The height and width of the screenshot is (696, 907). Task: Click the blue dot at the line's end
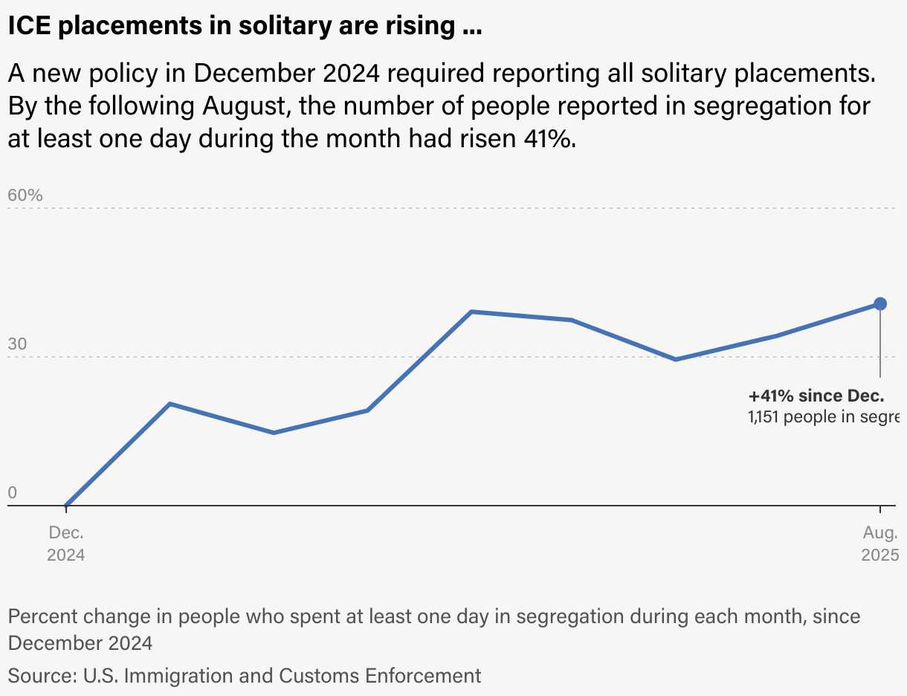(880, 303)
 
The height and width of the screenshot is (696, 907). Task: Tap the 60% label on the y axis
(25, 196)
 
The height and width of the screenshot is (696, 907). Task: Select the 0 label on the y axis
(12, 493)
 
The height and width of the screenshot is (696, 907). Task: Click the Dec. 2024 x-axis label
(66, 544)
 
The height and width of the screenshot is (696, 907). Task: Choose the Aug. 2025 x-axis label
(880, 544)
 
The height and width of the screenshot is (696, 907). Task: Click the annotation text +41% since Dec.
(816, 396)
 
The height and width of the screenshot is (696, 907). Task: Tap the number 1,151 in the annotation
(764, 416)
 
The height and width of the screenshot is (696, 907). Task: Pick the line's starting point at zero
(66, 506)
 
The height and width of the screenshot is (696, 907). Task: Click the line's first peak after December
(170, 404)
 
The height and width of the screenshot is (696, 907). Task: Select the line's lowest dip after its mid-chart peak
(675, 359)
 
